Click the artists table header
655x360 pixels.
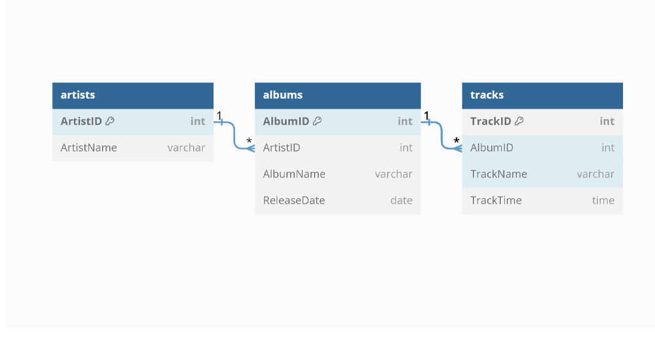133,95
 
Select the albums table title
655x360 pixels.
282,95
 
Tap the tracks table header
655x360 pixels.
542,95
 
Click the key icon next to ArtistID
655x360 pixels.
110,121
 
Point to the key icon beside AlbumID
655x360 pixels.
318,121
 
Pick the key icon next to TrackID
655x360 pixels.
519,121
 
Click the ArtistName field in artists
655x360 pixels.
88,147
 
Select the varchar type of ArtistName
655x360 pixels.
186,148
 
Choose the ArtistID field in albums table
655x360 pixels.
282,147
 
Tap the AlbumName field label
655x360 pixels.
294,173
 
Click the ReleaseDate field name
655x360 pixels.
294,200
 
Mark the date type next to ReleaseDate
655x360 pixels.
402,200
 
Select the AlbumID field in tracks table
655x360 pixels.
492,147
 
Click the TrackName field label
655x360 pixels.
498,173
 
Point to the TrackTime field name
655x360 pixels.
496,200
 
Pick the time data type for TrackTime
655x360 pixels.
603,200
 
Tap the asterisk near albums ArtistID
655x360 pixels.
250,141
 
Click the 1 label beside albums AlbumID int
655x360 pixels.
426,115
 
